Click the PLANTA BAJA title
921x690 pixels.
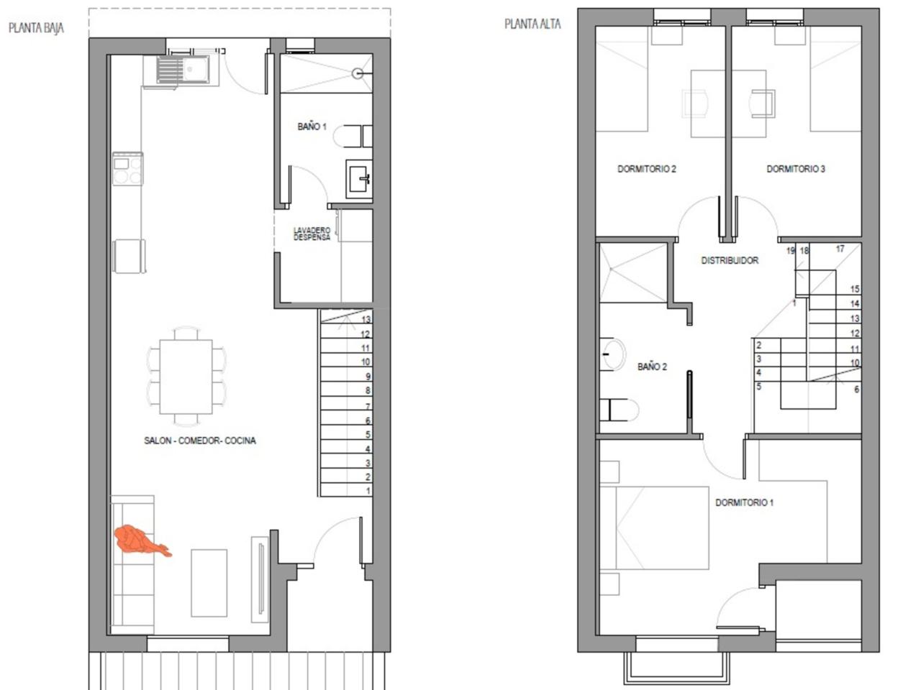36,28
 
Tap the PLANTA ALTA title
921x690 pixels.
532,24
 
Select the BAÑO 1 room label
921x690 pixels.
312,126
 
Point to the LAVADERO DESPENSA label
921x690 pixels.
312,234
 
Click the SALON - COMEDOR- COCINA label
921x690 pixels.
200,441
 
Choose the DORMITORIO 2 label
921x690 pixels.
647,169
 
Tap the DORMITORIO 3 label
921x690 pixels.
796,169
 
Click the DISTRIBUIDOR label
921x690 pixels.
730,260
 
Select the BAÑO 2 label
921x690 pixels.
652,367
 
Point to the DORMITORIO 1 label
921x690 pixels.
744,502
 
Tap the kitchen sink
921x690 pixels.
183,70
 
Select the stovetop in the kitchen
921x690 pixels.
127,169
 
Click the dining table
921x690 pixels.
186,377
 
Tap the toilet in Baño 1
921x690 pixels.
353,136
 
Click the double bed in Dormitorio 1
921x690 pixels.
654,528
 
